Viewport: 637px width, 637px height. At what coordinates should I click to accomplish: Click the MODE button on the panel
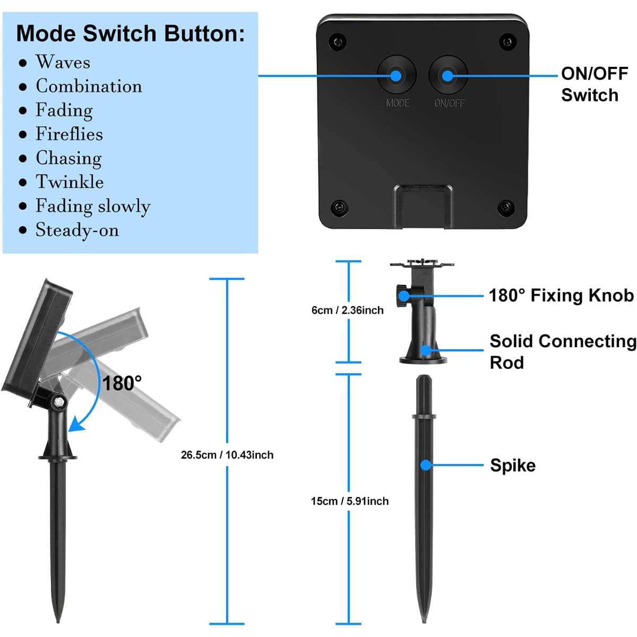pos(396,75)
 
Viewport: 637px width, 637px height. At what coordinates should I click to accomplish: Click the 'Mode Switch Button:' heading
pos(131,33)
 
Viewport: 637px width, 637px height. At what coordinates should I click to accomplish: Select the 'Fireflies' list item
pos(69,134)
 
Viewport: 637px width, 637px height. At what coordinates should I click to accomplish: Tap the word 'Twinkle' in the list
pos(70,182)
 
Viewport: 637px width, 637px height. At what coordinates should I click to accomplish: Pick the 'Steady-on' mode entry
pos(77,230)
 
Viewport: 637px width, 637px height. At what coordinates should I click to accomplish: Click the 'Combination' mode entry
pos(89,86)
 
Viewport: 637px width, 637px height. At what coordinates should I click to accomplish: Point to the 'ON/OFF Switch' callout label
pos(594,84)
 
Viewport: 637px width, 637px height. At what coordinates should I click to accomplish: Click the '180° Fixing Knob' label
pos(561,295)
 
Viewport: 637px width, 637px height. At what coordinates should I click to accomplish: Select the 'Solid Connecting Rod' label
pos(562,351)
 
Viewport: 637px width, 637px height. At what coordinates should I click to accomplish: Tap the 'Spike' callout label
pos(512,465)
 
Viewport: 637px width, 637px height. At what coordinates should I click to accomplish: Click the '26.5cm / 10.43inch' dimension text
pos(227,455)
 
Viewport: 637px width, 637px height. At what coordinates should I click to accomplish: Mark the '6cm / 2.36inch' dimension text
pos(347,310)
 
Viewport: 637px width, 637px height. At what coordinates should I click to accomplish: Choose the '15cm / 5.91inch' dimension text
pos(349,501)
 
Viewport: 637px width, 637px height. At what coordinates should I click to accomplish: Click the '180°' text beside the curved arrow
pos(122,383)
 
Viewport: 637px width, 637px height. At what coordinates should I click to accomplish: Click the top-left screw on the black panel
pos(337,40)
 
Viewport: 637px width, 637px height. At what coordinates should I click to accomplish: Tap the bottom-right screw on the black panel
pos(506,206)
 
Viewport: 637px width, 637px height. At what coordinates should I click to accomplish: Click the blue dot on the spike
pos(425,465)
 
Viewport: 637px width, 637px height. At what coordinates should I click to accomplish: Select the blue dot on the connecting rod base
pos(425,350)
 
